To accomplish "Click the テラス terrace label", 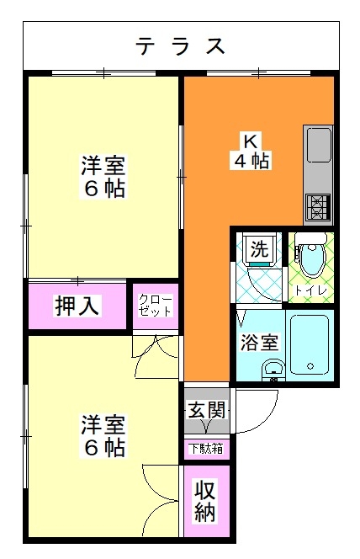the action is pos(181,46).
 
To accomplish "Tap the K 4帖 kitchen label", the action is pos(251,151).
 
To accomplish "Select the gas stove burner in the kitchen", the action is pos(316,207).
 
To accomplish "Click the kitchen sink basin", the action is pos(318,145).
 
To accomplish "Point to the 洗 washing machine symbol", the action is pos(259,249).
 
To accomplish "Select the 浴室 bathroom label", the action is pos(259,343).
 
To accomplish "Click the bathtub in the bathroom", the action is pos(310,343).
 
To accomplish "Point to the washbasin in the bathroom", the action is pos(273,368).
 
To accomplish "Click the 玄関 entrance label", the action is pos(207,409).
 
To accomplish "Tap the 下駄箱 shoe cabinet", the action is pos(207,450).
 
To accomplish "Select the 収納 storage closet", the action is pos(207,501).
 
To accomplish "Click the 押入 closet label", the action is pos(77,306).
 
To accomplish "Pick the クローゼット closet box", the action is pos(156,306).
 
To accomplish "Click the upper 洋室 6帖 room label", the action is pos(103,177).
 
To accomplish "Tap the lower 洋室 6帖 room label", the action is pos(103,435).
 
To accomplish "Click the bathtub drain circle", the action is pos(310,365).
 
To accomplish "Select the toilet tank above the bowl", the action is pos(311,237).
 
